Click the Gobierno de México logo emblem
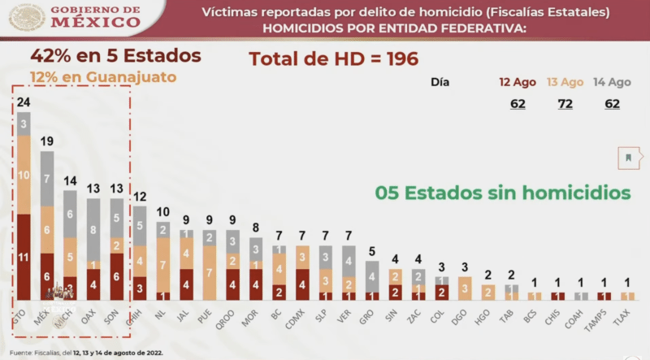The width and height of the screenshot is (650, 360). point(28,17)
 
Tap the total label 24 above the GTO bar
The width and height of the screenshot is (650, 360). point(24,102)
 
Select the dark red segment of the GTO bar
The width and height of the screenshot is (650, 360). point(24,258)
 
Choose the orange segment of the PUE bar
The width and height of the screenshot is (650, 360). point(210,273)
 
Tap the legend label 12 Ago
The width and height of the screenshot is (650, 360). point(518,82)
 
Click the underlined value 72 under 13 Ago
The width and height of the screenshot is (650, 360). point(564,104)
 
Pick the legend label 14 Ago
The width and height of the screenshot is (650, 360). point(611,82)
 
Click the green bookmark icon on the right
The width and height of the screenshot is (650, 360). point(628,157)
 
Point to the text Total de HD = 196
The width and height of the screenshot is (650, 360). point(333,59)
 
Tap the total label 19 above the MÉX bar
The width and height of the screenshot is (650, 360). point(47,141)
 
